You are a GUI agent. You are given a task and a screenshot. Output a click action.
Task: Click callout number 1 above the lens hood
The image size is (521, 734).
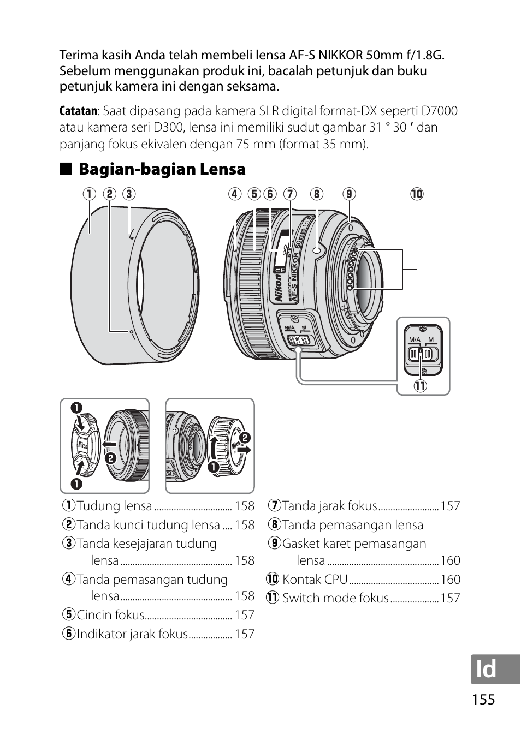point(89,194)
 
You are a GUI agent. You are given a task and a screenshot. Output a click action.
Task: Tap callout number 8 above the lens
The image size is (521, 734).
point(316,194)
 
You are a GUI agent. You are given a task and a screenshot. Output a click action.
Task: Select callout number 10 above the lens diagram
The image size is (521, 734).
point(417,194)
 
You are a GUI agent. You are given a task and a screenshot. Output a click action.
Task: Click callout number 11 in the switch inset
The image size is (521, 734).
point(420,386)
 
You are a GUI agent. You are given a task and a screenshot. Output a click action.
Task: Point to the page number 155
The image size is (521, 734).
point(483,699)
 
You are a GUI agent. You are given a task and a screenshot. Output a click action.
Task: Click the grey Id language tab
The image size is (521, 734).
point(495,670)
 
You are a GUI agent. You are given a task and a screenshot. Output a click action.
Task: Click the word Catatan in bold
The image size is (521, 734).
point(78,111)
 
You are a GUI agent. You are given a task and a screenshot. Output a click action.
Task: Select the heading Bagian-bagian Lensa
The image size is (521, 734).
point(162,169)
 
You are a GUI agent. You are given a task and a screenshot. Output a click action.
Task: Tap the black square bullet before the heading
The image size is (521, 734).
point(66,169)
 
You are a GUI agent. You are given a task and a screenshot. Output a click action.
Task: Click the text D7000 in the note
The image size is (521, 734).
point(439,111)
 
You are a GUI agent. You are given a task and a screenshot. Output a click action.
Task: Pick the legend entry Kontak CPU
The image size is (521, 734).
point(315,580)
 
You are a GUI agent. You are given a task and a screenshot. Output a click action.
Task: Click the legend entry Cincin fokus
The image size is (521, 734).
point(110,614)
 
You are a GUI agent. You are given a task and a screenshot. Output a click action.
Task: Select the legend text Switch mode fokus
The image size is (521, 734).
point(335,598)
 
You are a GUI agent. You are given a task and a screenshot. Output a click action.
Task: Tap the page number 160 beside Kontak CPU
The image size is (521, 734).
point(450,580)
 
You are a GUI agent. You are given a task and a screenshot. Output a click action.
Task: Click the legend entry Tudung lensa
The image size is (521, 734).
point(115,505)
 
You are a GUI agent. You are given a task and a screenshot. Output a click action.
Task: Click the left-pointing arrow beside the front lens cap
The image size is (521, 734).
point(109,444)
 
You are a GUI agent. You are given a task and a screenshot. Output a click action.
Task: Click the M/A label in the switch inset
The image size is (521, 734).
point(415,339)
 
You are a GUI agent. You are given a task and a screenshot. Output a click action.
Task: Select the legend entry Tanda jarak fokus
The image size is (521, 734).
point(330,505)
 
